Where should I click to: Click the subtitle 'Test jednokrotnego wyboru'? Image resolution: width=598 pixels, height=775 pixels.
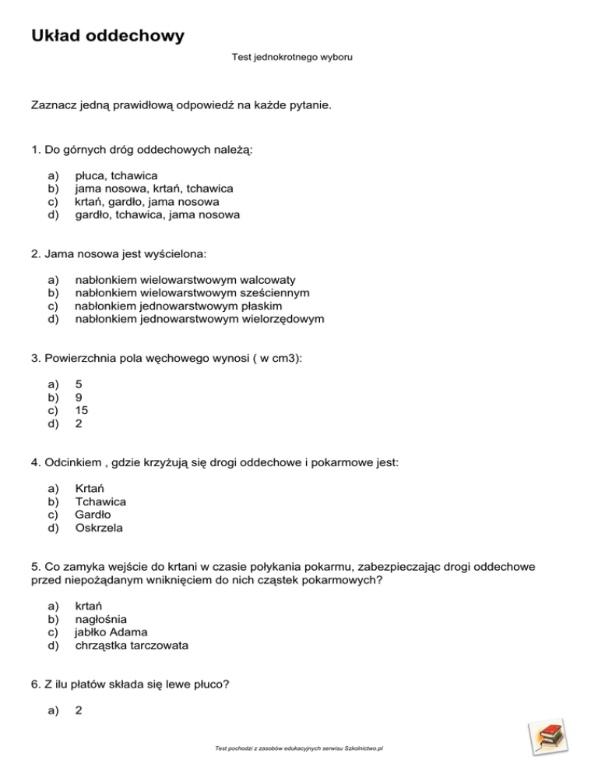click(293, 58)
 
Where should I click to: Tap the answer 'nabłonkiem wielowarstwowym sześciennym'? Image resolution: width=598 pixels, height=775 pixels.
click(192, 293)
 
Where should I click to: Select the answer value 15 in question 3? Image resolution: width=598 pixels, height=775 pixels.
click(81, 410)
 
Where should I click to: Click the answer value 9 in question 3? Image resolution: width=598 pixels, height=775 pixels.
click(79, 398)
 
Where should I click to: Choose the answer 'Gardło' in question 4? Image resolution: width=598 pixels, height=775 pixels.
click(93, 515)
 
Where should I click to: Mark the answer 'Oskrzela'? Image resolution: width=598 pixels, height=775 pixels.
click(99, 527)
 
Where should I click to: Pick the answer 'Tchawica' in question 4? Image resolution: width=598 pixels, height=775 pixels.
click(100, 502)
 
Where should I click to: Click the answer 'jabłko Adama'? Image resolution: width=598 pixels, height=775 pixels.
click(111, 632)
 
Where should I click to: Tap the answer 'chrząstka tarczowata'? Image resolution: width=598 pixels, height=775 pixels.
click(132, 645)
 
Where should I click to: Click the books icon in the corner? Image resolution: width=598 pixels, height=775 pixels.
click(547, 736)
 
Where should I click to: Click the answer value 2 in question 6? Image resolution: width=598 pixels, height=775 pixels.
click(79, 710)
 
